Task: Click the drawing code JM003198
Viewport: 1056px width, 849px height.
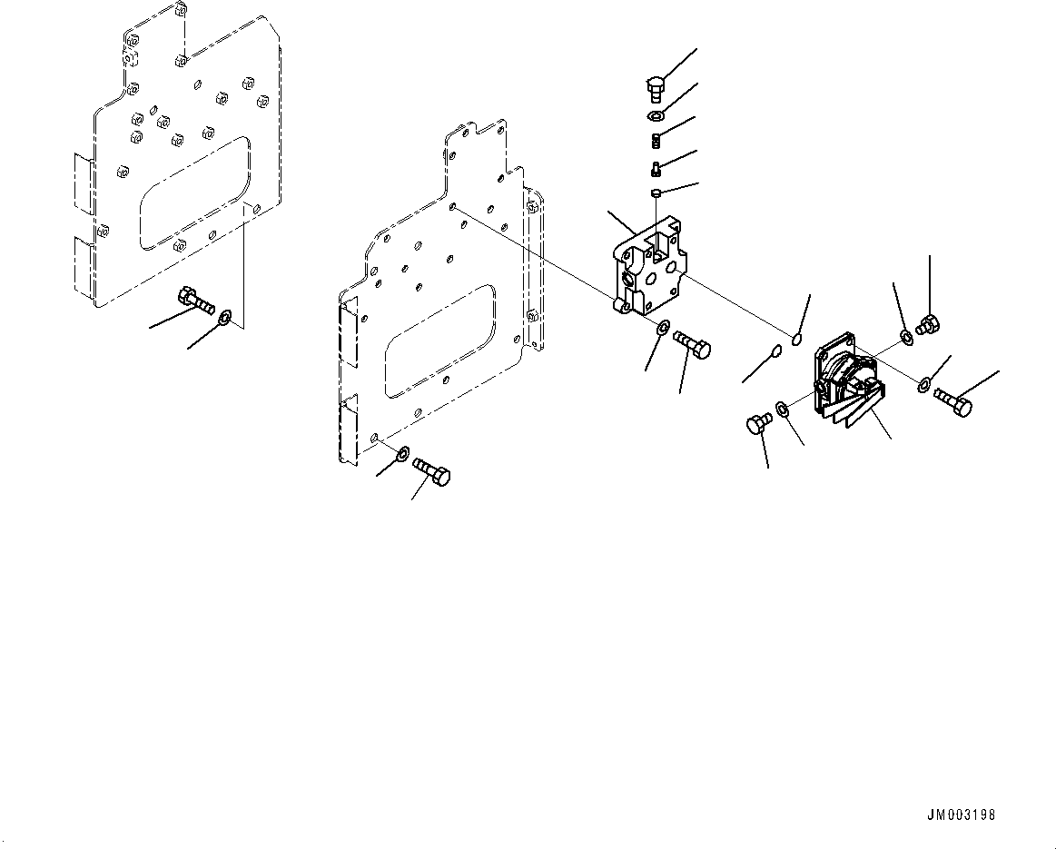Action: coord(960,814)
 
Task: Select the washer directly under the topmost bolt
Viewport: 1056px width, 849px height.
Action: coord(656,117)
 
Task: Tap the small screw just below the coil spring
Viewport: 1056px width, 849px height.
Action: coord(656,167)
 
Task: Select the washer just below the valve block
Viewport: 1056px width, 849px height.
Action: coord(663,328)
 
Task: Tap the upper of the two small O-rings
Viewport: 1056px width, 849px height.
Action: coord(795,340)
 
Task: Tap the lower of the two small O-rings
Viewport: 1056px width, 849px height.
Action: coord(775,352)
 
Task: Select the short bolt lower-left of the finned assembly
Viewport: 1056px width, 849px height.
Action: coord(757,422)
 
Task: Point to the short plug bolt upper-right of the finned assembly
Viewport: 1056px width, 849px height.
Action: coord(927,323)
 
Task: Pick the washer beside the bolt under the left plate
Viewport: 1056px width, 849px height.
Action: coord(225,317)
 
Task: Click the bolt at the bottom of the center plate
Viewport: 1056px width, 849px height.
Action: coord(431,472)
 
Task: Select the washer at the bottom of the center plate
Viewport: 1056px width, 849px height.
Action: coord(402,452)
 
